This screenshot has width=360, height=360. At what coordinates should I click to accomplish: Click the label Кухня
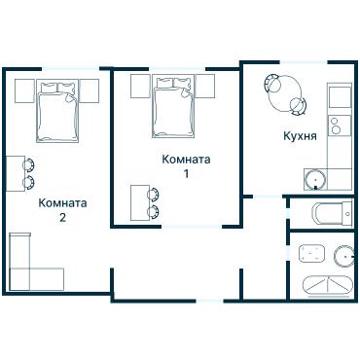point(300,136)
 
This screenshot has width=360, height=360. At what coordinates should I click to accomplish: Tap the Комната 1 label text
point(186,166)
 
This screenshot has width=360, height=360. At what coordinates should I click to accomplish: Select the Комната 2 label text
point(62,210)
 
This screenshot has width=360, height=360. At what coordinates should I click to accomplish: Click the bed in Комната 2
point(58,111)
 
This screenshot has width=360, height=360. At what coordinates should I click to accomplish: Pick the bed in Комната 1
point(173,106)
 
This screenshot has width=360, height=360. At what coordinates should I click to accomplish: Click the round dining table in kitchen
point(286,93)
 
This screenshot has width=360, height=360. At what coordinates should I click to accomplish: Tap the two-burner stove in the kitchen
point(340,126)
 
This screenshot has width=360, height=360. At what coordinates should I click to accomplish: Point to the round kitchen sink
point(315,180)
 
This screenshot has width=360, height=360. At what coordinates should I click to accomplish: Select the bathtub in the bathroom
point(327,285)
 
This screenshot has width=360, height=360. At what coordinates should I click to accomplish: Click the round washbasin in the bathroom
point(344,256)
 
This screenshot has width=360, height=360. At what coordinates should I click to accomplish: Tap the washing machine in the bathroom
point(311,254)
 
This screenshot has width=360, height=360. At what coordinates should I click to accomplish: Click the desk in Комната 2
point(16,173)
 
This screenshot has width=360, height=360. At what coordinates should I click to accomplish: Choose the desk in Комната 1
point(140,202)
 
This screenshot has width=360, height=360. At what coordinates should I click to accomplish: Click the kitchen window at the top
point(304,62)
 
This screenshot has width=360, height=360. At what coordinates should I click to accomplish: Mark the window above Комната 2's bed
point(70,68)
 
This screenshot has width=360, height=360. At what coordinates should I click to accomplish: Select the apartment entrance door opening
point(210,301)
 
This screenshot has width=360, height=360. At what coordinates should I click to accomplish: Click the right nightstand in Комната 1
point(205,87)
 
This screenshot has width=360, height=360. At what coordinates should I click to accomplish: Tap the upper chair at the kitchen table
point(273,82)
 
